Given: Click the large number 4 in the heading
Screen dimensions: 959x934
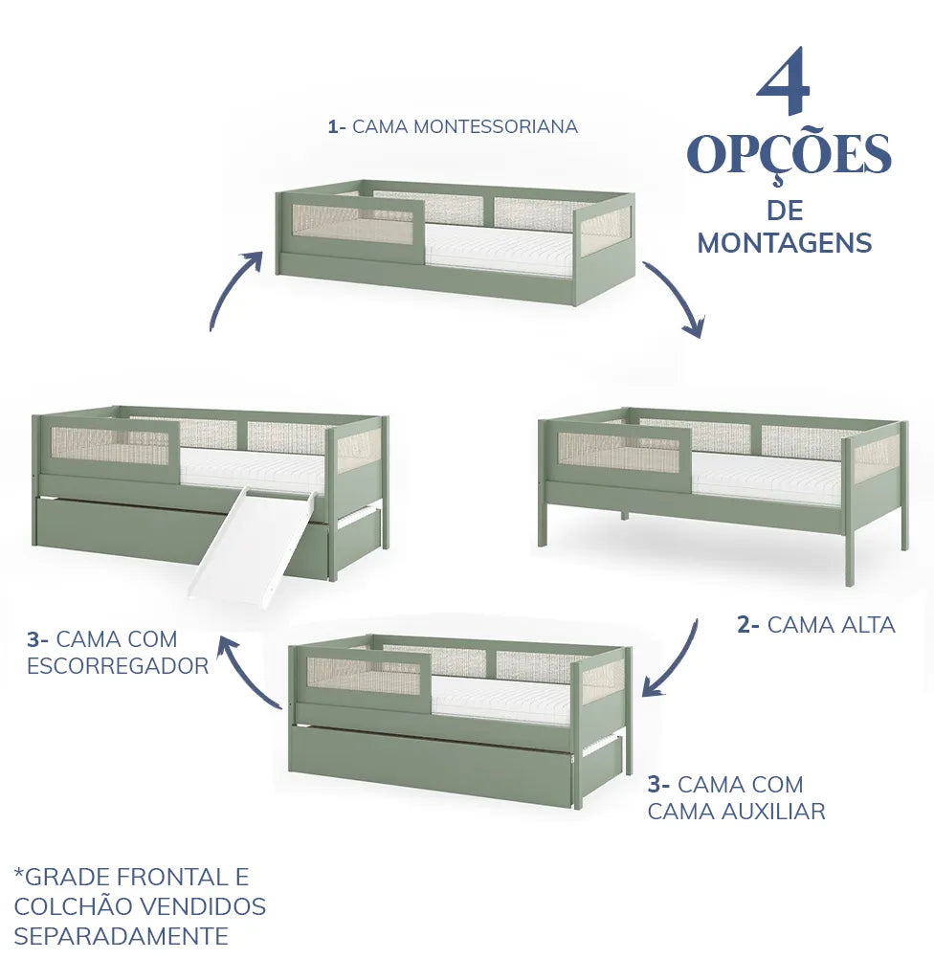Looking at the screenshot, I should [784, 87].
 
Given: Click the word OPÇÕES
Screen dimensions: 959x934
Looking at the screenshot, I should [789, 155].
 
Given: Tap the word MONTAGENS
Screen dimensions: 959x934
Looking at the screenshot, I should [784, 243].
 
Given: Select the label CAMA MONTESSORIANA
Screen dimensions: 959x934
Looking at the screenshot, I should [464, 126].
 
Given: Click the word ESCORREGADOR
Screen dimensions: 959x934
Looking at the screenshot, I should [118, 666].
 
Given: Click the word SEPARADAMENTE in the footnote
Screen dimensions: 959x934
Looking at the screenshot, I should [121, 935].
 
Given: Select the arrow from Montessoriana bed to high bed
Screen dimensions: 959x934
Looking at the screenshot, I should [677, 298].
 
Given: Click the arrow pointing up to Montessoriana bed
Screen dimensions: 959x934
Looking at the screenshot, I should [235, 288].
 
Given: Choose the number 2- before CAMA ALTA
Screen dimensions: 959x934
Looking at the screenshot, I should [748, 625].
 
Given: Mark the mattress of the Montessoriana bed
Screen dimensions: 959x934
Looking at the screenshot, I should [498, 248].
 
